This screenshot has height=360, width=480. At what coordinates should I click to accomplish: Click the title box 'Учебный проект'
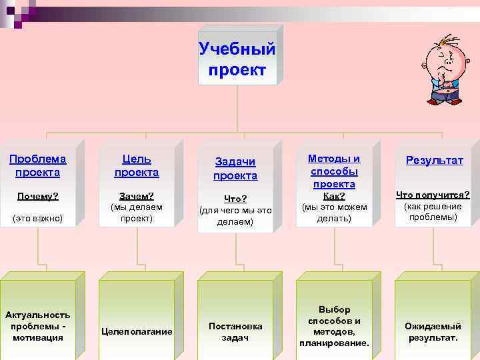tap(237, 59)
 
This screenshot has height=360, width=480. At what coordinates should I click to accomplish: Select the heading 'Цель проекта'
tap(137, 165)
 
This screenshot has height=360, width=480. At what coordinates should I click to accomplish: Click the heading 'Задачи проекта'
tap(235, 169)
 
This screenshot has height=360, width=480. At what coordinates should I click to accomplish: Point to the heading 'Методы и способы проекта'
tap(334, 171)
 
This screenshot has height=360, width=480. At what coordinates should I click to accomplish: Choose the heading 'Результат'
tap(435, 161)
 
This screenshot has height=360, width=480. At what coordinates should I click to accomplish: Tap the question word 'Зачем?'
tap(136, 196)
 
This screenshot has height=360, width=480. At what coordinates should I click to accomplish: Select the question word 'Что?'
tap(235, 199)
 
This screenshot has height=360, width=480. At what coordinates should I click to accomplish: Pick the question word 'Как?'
tap(334, 196)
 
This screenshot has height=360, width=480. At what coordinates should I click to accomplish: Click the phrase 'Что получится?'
tap(433, 195)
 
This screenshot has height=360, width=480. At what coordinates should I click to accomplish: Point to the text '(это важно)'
tap(37, 218)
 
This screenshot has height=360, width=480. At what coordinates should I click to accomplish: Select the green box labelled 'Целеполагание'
tap(137, 331)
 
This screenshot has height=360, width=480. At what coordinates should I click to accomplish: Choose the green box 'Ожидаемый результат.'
tap(433, 331)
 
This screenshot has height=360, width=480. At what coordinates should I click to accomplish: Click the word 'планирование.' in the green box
tap(334, 343)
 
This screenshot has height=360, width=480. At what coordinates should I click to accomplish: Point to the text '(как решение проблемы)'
tap(433, 211)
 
